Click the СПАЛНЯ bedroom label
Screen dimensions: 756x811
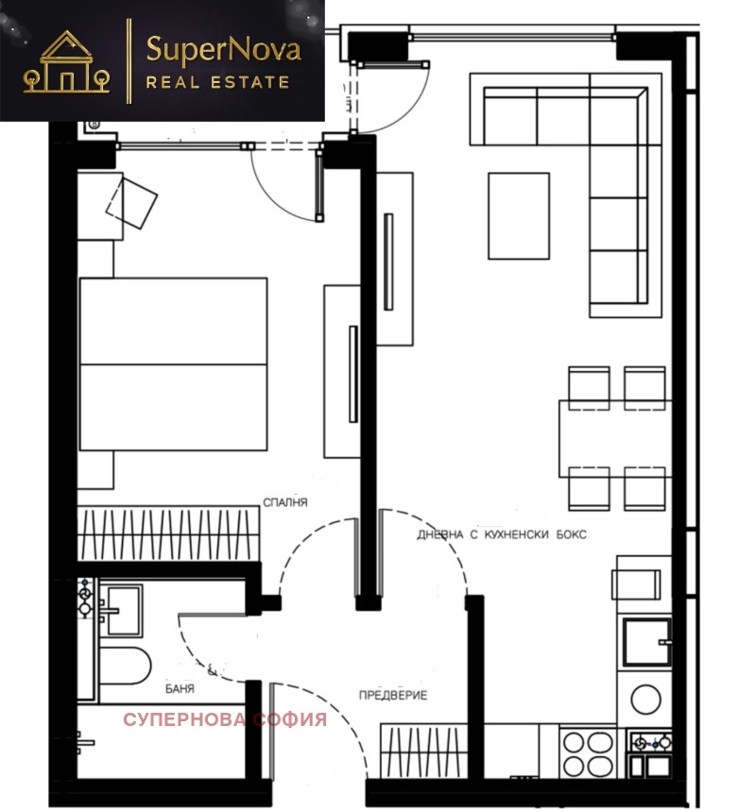pos(285,502)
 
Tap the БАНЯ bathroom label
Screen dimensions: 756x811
pos(180,688)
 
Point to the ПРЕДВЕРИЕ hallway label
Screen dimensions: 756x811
pos(393,695)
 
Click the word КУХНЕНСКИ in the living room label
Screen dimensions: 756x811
pos(516,534)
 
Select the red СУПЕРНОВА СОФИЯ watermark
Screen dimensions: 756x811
pos(225,719)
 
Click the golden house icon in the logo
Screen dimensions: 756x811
pos(66,62)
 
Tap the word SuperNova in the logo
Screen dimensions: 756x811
pos(223,50)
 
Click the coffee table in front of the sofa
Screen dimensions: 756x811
pos(518,215)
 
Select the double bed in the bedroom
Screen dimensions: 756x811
pos(173,364)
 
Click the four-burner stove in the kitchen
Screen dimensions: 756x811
pos(588,753)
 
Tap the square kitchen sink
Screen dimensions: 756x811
pos(646,642)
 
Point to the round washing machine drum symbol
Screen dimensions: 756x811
pos(645,700)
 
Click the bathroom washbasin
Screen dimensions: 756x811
pos(123,610)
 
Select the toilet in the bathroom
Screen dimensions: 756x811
pos(125,666)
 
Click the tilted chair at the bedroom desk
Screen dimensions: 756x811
pos(131,202)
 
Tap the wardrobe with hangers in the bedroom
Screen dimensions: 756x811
pos(168,533)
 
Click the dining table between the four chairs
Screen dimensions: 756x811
pos(614,439)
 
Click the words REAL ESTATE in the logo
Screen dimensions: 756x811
pos(217,83)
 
